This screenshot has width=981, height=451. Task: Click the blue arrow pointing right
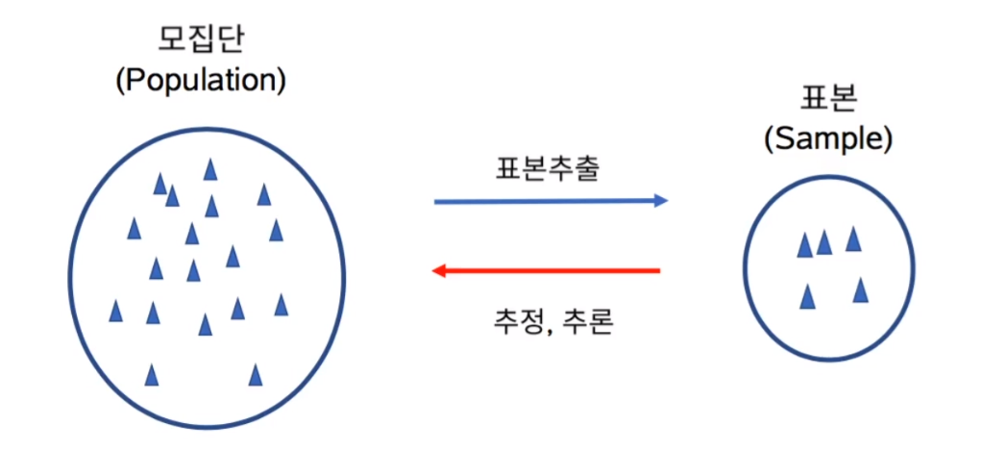click(548, 201)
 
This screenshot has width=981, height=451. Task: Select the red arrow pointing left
click(548, 271)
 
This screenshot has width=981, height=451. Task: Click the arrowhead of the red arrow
click(438, 271)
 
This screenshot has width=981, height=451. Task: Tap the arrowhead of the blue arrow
click(660, 201)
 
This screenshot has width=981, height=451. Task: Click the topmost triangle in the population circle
click(209, 169)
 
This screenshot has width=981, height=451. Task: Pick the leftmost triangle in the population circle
click(116, 312)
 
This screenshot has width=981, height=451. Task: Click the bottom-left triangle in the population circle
click(151, 374)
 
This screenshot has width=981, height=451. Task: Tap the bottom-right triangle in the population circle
click(256, 374)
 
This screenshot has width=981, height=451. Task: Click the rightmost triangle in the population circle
click(281, 305)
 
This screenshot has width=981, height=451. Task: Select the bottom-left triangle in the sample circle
click(808, 297)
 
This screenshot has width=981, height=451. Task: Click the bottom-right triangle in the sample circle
click(860, 289)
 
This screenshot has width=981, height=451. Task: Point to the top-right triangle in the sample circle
click(852, 238)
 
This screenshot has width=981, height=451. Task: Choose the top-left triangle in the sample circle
click(805, 245)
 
